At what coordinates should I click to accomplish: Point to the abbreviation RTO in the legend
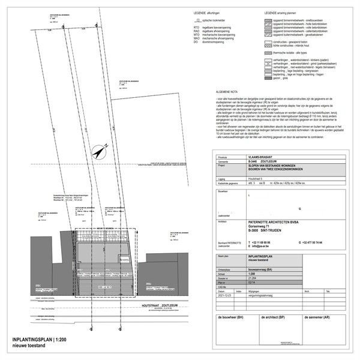196,27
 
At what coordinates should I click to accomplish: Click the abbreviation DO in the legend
196,42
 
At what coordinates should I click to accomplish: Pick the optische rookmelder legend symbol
197,20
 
